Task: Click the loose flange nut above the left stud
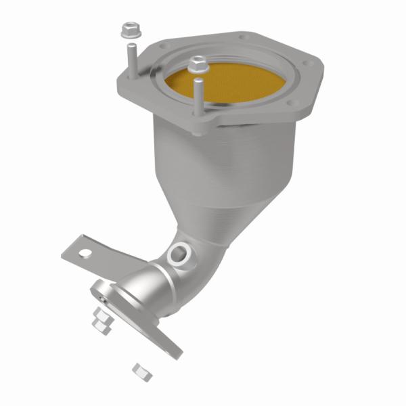(x=129, y=30)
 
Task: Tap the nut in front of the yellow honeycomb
(x=197, y=64)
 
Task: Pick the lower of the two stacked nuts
(x=102, y=325)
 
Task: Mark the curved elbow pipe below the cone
(x=203, y=264)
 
